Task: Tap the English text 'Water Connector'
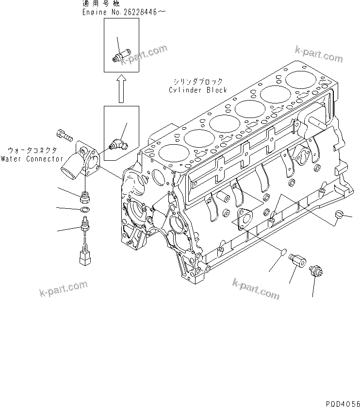32,159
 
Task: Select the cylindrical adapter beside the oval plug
297,261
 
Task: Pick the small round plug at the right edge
340,214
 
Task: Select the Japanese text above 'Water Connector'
32,151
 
